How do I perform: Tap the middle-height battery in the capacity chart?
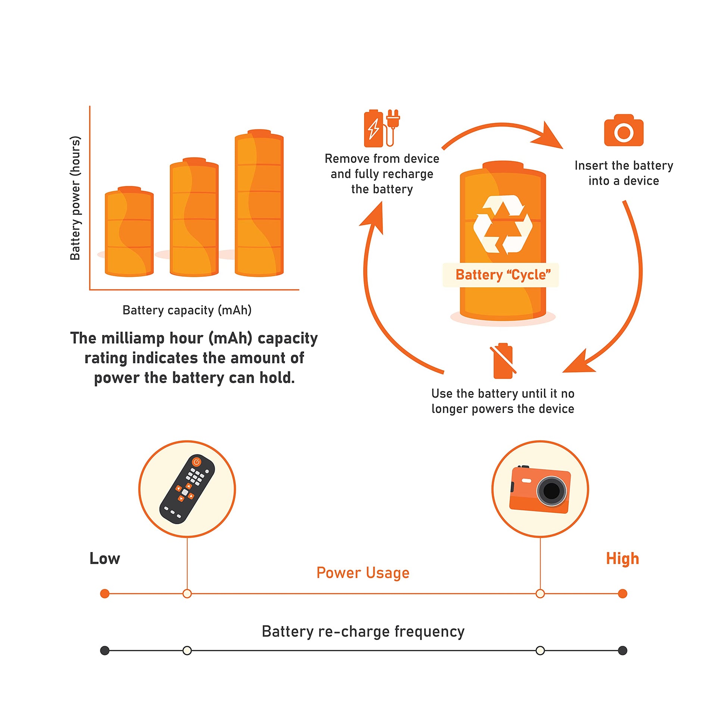click(x=194, y=218)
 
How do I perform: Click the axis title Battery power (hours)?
click(x=75, y=198)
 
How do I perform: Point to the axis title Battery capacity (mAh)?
click(x=187, y=310)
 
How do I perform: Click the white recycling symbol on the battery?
click(x=503, y=225)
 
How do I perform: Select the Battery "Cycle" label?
click(x=503, y=275)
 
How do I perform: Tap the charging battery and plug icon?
click(x=381, y=128)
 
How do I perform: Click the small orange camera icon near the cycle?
click(x=623, y=131)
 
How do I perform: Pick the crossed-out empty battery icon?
click(x=503, y=360)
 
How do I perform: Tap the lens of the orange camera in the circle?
click(x=551, y=491)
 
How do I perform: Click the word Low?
click(x=104, y=558)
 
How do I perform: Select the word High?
click(x=622, y=558)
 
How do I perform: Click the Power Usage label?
click(x=363, y=573)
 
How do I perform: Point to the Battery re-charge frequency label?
click(x=363, y=632)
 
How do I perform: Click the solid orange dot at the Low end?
click(x=105, y=594)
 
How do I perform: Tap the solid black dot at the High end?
click(x=622, y=651)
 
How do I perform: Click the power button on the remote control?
click(x=196, y=462)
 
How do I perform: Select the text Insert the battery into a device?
click(x=623, y=173)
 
